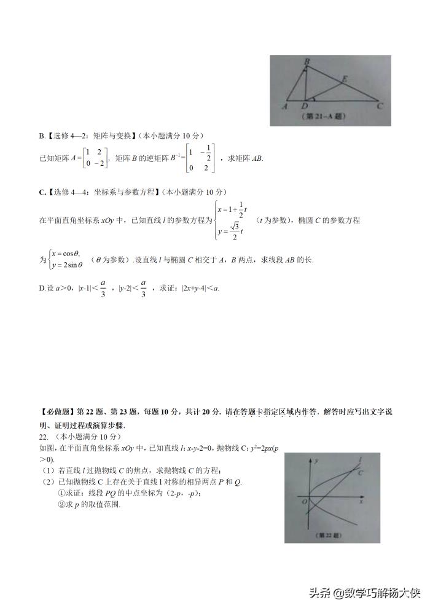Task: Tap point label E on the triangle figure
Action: point(345,79)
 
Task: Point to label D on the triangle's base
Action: point(305,106)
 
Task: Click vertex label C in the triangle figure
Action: point(380,106)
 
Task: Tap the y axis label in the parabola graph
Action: point(315,459)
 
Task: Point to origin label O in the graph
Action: point(304,502)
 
